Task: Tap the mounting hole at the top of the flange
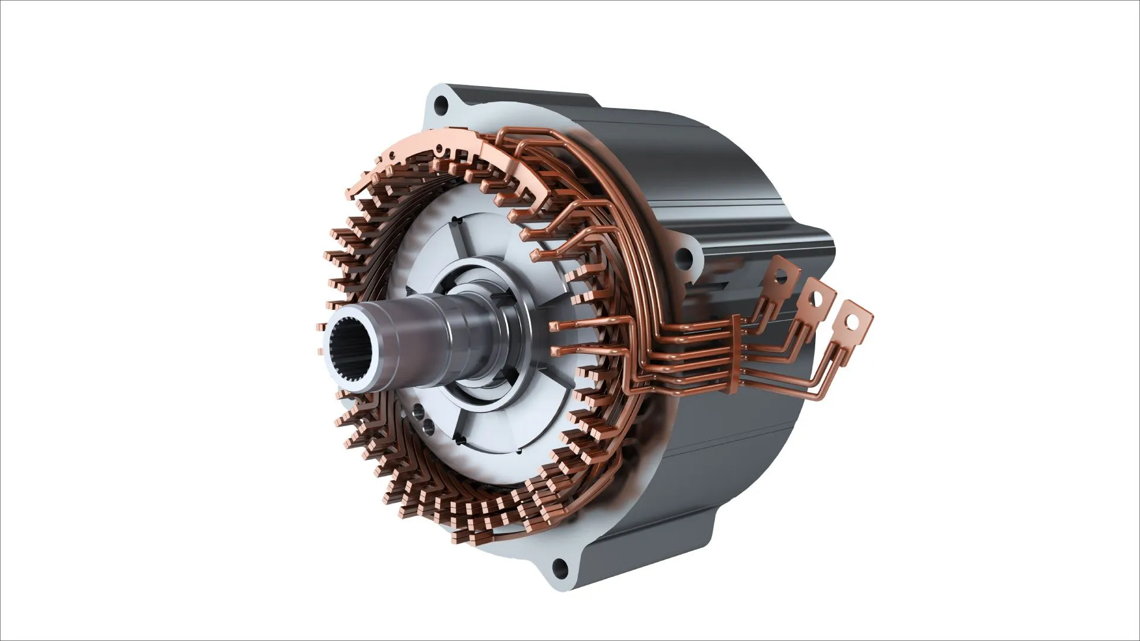[x=441, y=107]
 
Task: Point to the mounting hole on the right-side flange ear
[x=685, y=257]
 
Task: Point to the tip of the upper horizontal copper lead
[x=555, y=326]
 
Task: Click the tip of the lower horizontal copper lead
[x=555, y=353]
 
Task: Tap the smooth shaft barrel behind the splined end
[x=416, y=338]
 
